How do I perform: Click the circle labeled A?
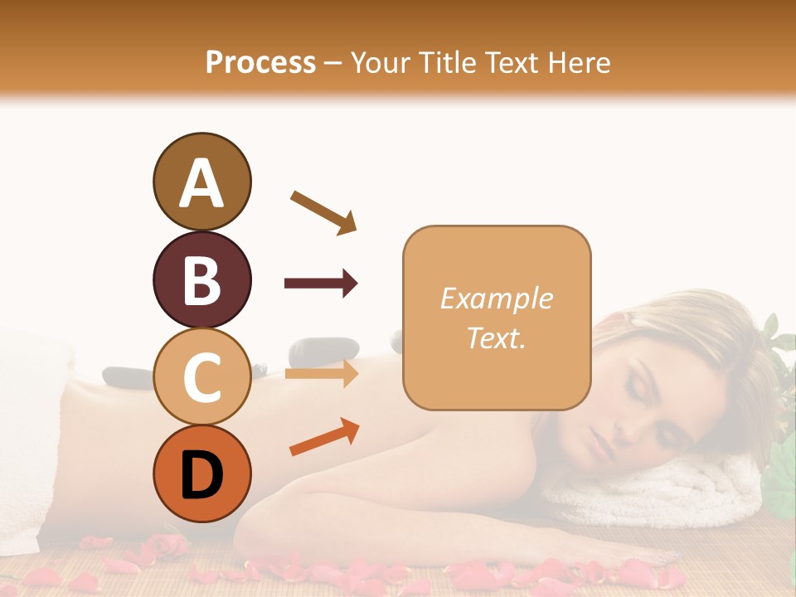(x=201, y=182)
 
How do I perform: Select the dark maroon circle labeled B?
(x=201, y=279)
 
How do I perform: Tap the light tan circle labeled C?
(x=201, y=377)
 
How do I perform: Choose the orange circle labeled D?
(x=201, y=473)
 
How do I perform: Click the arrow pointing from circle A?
(x=323, y=211)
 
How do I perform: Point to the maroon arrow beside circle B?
(x=321, y=284)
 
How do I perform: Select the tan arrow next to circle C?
(x=321, y=374)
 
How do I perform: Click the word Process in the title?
(x=260, y=62)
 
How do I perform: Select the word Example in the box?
(x=496, y=298)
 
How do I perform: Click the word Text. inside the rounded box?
(x=496, y=337)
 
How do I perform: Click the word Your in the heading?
(x=378, y=62)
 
